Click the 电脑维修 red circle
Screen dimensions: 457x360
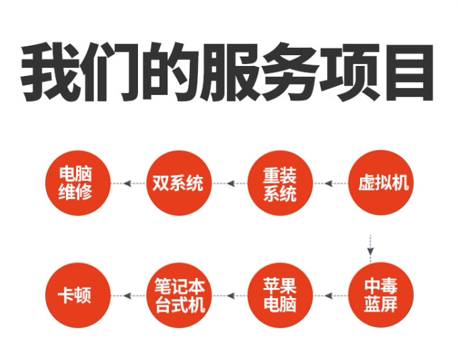[76, 182]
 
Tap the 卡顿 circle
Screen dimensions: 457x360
[76, 295]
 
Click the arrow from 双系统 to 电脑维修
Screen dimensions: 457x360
[127, 182]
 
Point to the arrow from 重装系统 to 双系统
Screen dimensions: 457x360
[228, 182]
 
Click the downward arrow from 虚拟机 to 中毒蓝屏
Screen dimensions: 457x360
[370, 244]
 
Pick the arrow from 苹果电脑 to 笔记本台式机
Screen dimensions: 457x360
[228, 295]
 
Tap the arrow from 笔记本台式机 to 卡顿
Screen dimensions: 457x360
[127, 295]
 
